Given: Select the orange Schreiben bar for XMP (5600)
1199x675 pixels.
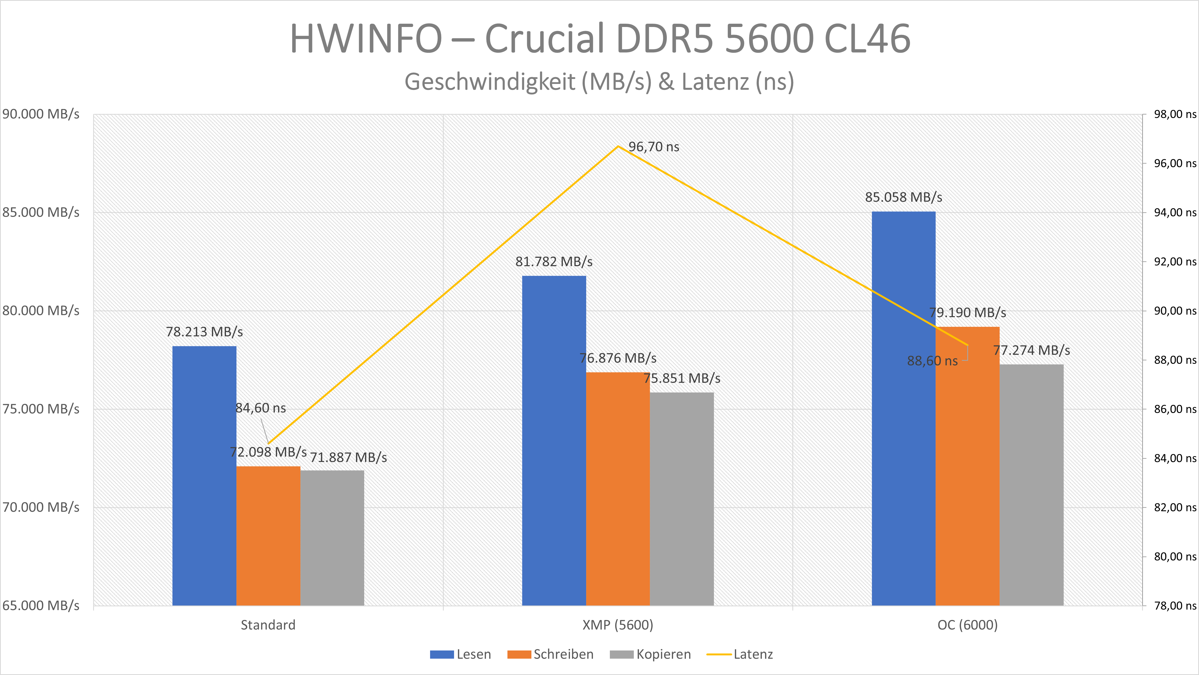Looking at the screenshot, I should (x=618, y=489).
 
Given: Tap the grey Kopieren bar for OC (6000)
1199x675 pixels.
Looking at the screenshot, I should (x=1031, y=484).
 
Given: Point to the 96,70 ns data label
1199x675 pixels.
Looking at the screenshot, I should (x=653, y=147).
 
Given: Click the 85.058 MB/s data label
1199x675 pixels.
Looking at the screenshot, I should (x=903, y=197).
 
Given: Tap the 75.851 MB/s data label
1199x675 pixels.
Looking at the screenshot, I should (x=682, y=379).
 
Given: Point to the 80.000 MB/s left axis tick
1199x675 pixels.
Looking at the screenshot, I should (x=41, y=310).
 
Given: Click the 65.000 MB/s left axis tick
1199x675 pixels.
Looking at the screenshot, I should (x=41, y=606).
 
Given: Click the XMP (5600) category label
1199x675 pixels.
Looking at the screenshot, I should (x=618, y=625).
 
